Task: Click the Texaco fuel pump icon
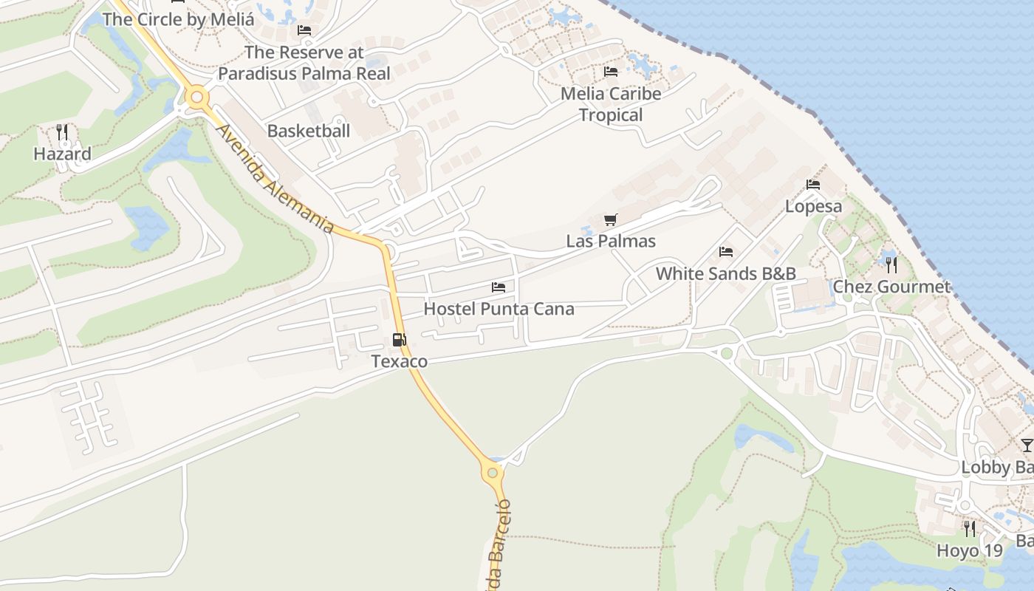[x=399, y=340]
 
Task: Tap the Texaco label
[x=399, y=361]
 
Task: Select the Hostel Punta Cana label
[x=499, y=309]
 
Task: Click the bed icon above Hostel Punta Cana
[x=499, y=287]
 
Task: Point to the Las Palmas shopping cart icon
[x=610, y=219]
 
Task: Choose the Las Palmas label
[x=610, y=242]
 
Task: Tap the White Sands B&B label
[x=725, y=273]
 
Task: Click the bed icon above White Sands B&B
[x=725, y=252]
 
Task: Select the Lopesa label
[x=813, y=206]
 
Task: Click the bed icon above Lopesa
[x=813, y=184]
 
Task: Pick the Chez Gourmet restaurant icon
[x=891, y=264]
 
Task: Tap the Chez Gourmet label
[x=891, y=287]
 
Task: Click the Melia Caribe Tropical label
[x=611, y=104]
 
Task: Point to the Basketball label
[x=308, y=131]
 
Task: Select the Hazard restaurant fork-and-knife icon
[x=62, y=132]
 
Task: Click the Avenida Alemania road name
[x=275, y=178]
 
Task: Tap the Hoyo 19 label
[x=969, y=550]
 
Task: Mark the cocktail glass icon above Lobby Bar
[x=1027, y=445]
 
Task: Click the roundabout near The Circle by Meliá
[x=196, y=97]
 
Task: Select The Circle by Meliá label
[x=178, y=19]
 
